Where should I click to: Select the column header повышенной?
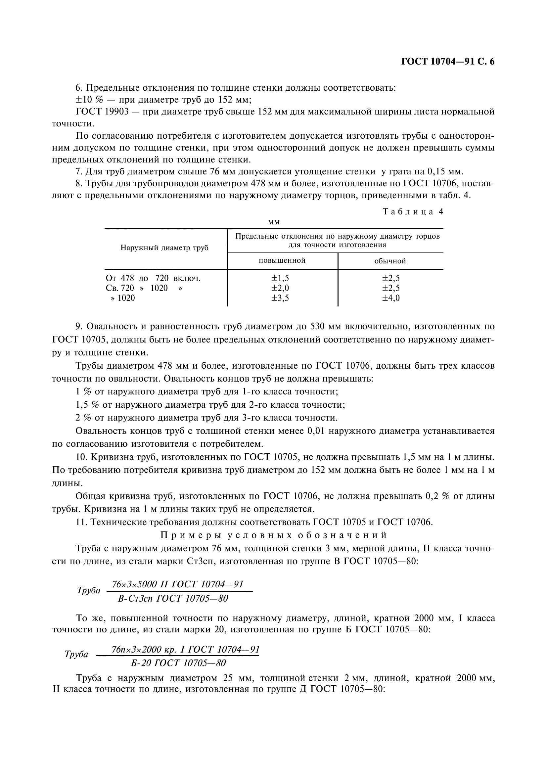(x=282, y=260)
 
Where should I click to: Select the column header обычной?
(x=390, y=261)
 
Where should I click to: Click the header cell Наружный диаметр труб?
(x=164, y=248)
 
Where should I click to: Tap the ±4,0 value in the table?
(x=390, y=298)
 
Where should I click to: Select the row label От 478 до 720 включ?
(x=153, y=278)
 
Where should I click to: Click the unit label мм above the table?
(x=274, y=222)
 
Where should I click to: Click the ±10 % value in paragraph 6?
(x=89, y=100)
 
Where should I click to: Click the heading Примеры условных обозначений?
(x=274, y=535)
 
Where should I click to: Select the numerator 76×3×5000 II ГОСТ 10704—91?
(x=177, y=584)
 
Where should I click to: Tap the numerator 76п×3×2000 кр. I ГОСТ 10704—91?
(x=185, y=649)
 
